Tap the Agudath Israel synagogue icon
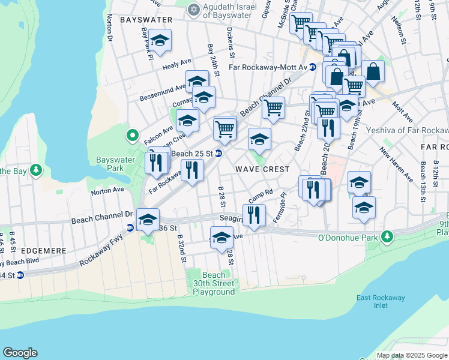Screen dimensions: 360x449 click(193, 10)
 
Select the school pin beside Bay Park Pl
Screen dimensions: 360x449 click(160, 41)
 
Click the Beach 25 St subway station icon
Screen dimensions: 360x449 click(219, 154)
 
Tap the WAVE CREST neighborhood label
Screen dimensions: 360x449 click(262, 170)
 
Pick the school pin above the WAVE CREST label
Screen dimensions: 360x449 click(259, 139)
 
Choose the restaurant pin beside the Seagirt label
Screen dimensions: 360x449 click(254, 215)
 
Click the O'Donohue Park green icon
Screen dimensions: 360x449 click(388, 237)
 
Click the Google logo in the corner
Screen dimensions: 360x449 click(20, 353)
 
